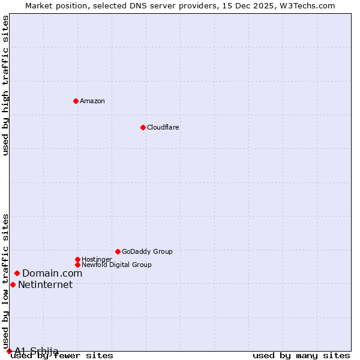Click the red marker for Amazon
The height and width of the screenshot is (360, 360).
[76, 101]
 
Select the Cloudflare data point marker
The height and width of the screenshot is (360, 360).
[143, 127]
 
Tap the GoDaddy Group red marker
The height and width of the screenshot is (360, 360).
[118, 251]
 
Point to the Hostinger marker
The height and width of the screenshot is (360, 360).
[77, 259]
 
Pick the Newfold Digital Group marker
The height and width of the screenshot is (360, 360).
[77, 265]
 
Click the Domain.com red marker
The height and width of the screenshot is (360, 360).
[17, 274]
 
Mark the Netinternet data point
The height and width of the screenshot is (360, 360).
[13, 284]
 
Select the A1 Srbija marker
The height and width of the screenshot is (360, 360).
[9, 351]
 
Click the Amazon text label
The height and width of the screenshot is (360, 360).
[92, 101]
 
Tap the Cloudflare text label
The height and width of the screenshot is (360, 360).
[163, 127]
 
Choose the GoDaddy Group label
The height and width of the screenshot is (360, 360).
[147, 251]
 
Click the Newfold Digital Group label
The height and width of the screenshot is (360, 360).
[116, 265]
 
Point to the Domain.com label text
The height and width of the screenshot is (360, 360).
[52, 274]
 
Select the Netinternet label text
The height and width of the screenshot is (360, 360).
[45, 284]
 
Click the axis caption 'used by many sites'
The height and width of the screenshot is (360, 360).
[301, 355]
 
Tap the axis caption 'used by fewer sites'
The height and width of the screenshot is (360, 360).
[62, 355]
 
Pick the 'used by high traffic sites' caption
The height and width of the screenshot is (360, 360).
[6, 85]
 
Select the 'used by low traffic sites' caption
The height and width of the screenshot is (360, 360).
[6, 281]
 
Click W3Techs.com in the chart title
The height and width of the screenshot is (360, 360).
[310, 5]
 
